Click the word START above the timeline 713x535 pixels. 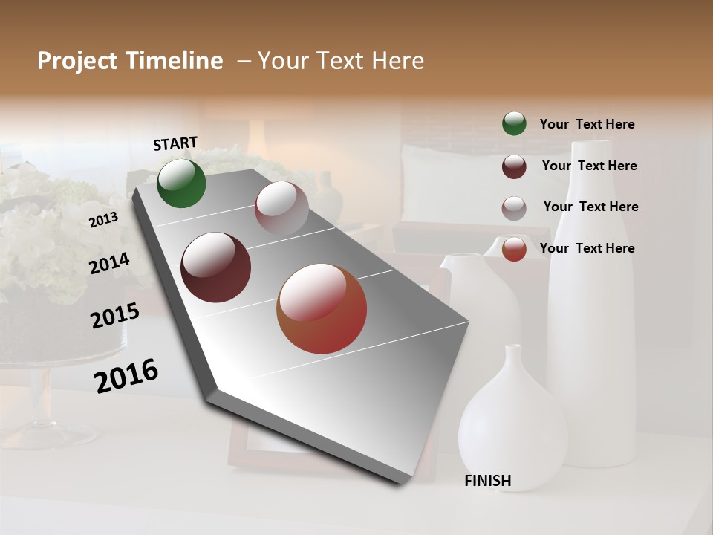tap(175, 143)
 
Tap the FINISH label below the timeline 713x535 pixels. tap(488, 481)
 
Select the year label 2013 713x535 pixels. tap(103, 219)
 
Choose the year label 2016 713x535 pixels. tap(126, 376)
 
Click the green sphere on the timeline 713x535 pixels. tap(181, 184)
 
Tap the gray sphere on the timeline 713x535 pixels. tap(281, 208)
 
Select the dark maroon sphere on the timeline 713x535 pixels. tap(216, 267)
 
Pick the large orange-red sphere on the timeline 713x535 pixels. tap(322, 308)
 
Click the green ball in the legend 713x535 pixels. tap(514, 123)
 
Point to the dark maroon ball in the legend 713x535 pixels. tap(514, 166)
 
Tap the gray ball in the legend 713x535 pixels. tap(514, 207)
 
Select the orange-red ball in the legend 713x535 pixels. tap(514, 249)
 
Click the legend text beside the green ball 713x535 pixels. tap(587, 124)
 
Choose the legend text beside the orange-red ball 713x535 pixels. tap(587, 248)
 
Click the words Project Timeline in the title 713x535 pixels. tap(130, 61)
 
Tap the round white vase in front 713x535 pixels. tap(512, 431)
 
